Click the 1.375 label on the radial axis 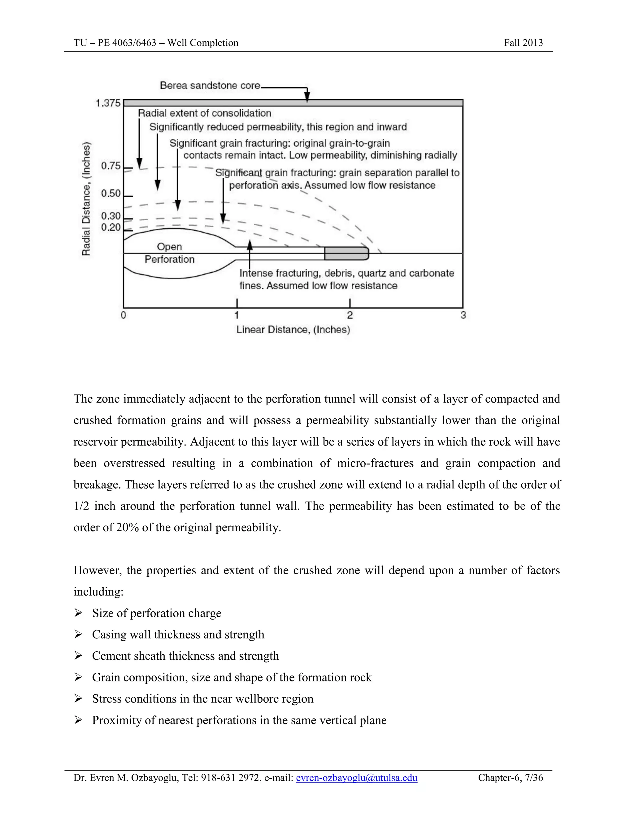click(108, 103)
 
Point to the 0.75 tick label click(111, 166)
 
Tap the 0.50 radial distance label click(111, 194)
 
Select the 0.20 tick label click(111, 227)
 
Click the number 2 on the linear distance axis click(350, 315)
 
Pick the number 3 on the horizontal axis click(463, 315)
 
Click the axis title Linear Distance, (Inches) click(293, 330)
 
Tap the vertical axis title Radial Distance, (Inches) click(86, 199)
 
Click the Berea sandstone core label click(210, 86)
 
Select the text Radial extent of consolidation click(204, 113)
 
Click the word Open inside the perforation click(169, 247)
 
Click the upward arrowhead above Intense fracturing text click(250, 245)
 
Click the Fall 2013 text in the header click(523, 43)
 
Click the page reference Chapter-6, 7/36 click(510, 778)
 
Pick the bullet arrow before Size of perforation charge click(78, 613)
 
